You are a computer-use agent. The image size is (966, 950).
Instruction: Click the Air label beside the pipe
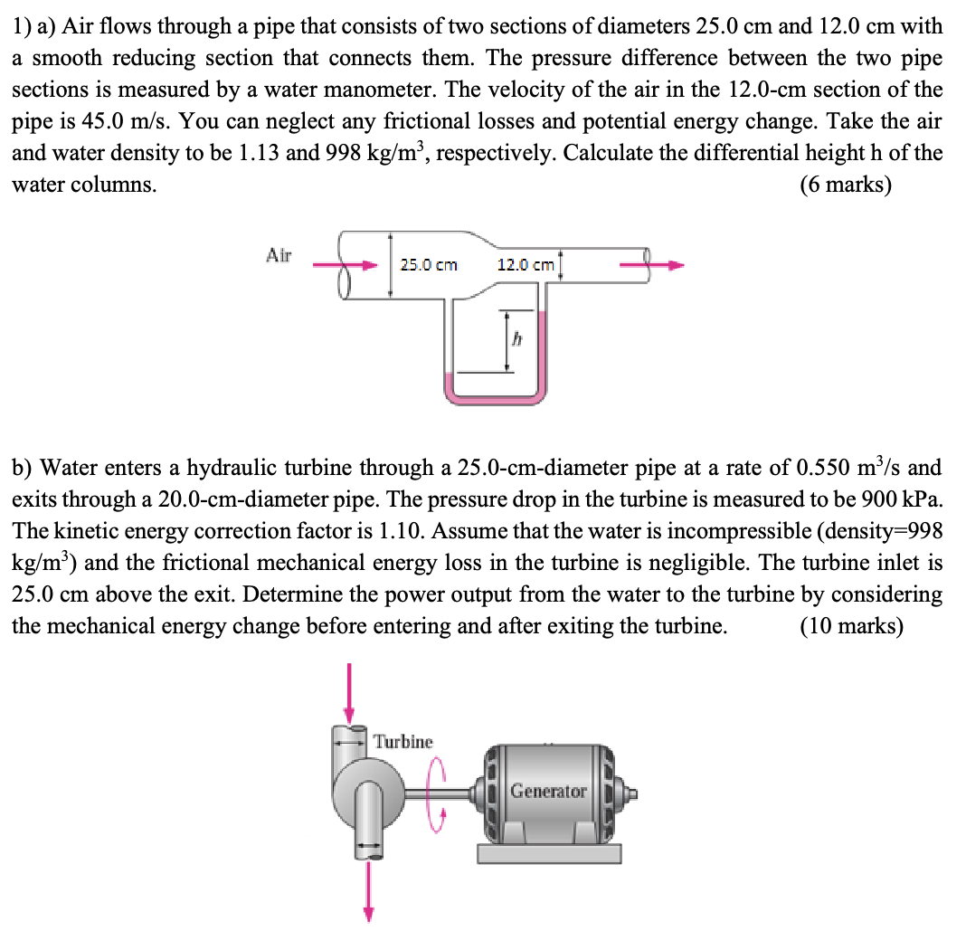tap(279, 255)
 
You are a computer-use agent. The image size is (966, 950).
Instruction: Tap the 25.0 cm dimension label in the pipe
tap(429, 265)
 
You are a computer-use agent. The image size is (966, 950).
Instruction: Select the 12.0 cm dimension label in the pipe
tap(526, 265)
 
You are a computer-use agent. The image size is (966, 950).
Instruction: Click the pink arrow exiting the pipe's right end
tap(651, 266)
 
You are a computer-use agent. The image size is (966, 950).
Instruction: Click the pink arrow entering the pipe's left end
tap(344, 266)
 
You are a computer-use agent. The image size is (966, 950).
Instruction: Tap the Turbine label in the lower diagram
tap(403, 742)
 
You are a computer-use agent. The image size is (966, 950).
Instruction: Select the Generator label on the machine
tap(548, 791)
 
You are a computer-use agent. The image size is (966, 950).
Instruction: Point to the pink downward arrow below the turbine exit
tap(368, 891)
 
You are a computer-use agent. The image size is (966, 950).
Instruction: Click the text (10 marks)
tap(851, 626)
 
